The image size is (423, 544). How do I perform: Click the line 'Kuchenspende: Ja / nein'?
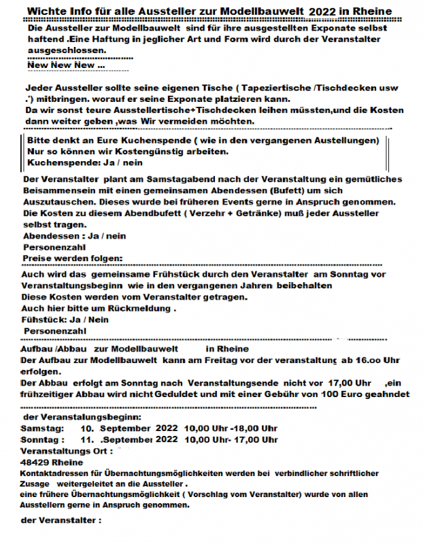point(85,164)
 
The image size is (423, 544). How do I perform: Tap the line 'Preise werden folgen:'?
point(73,258)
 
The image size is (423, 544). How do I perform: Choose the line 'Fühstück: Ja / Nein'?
point(65,320)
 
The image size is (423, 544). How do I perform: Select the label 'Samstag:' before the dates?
point(43,428)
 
